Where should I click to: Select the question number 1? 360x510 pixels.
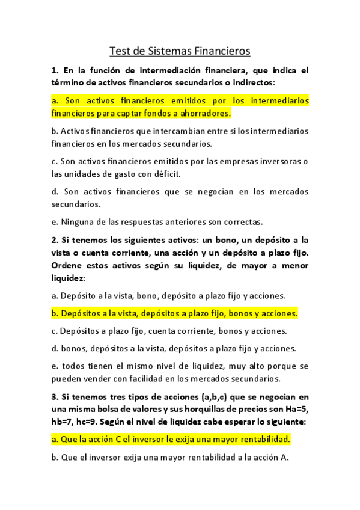pos(55,70)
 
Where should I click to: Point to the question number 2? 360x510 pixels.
pos(55,240)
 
